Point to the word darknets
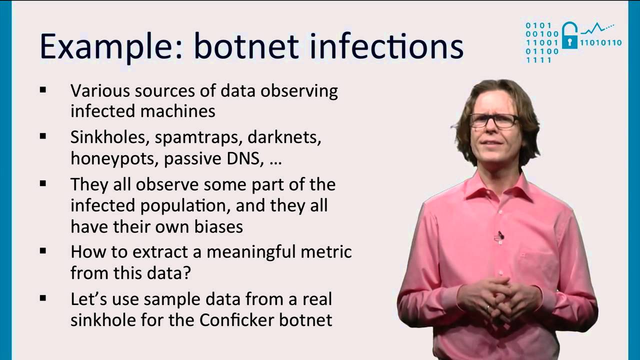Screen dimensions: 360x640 click(x=284, y=137)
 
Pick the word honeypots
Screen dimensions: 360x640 click(x=114, y=158)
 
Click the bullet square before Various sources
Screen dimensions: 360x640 click(x=43, y=90)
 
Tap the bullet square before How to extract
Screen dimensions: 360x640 click(x=43, y=251)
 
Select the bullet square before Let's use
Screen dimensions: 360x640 click(x=43, y=298)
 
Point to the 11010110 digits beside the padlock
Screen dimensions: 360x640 click(x=600, y=43)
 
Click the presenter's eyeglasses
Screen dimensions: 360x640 click(x=493, y=120)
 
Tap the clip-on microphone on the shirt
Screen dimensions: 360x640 click(x=500, y=235)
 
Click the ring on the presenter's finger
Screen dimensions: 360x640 click(x=487, y=308)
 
